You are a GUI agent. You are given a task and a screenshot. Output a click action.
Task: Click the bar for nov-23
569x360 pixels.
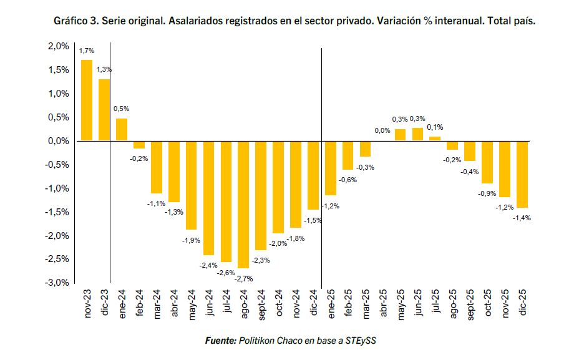87,100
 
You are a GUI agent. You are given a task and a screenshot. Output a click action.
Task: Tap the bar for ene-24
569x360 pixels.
122,130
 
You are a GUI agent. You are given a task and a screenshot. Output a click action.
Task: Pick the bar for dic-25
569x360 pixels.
522,174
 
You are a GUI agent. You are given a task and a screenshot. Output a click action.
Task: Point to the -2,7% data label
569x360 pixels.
243,278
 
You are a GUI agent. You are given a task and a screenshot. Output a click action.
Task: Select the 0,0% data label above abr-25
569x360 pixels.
382,131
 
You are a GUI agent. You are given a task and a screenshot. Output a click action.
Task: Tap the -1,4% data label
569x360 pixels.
522,218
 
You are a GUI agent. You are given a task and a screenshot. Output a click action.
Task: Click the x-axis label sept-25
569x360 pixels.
470,304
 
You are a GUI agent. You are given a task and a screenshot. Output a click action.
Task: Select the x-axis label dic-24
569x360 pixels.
313,303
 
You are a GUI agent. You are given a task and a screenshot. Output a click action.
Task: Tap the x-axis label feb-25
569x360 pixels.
348,303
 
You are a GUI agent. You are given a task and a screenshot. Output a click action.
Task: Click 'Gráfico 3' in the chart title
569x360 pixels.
76,21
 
